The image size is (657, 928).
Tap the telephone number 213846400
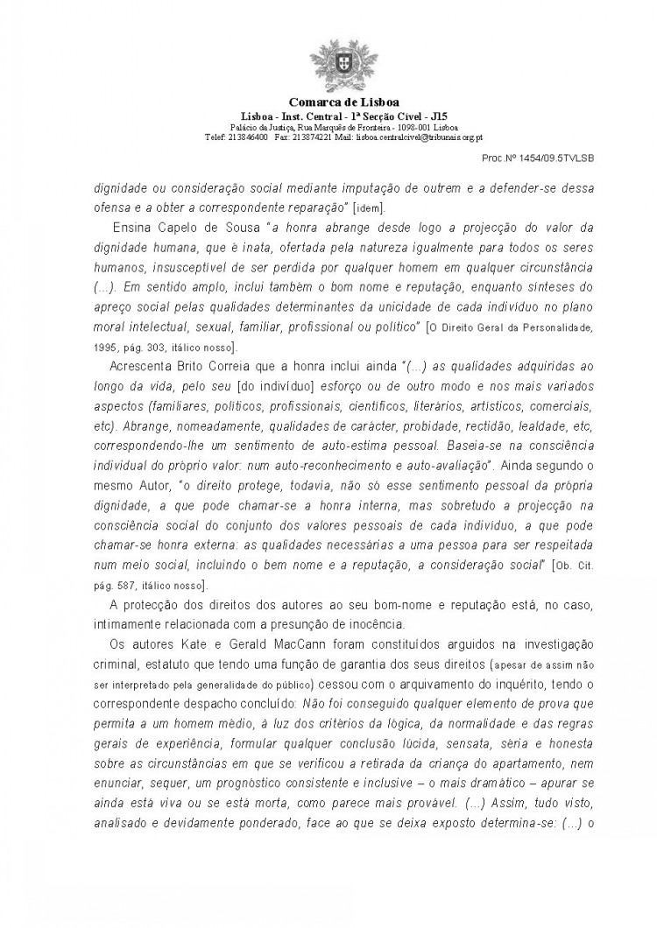[x=245, y=137]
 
